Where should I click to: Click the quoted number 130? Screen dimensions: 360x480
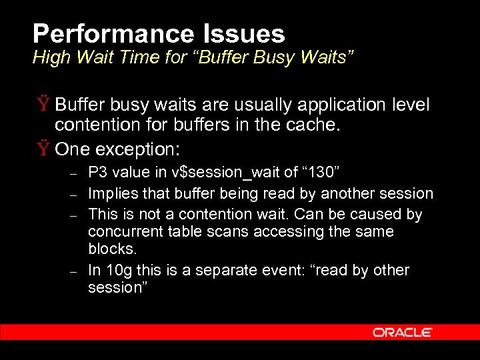tap(321, 173)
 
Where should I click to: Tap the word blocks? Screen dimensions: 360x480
tap(112, 249)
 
